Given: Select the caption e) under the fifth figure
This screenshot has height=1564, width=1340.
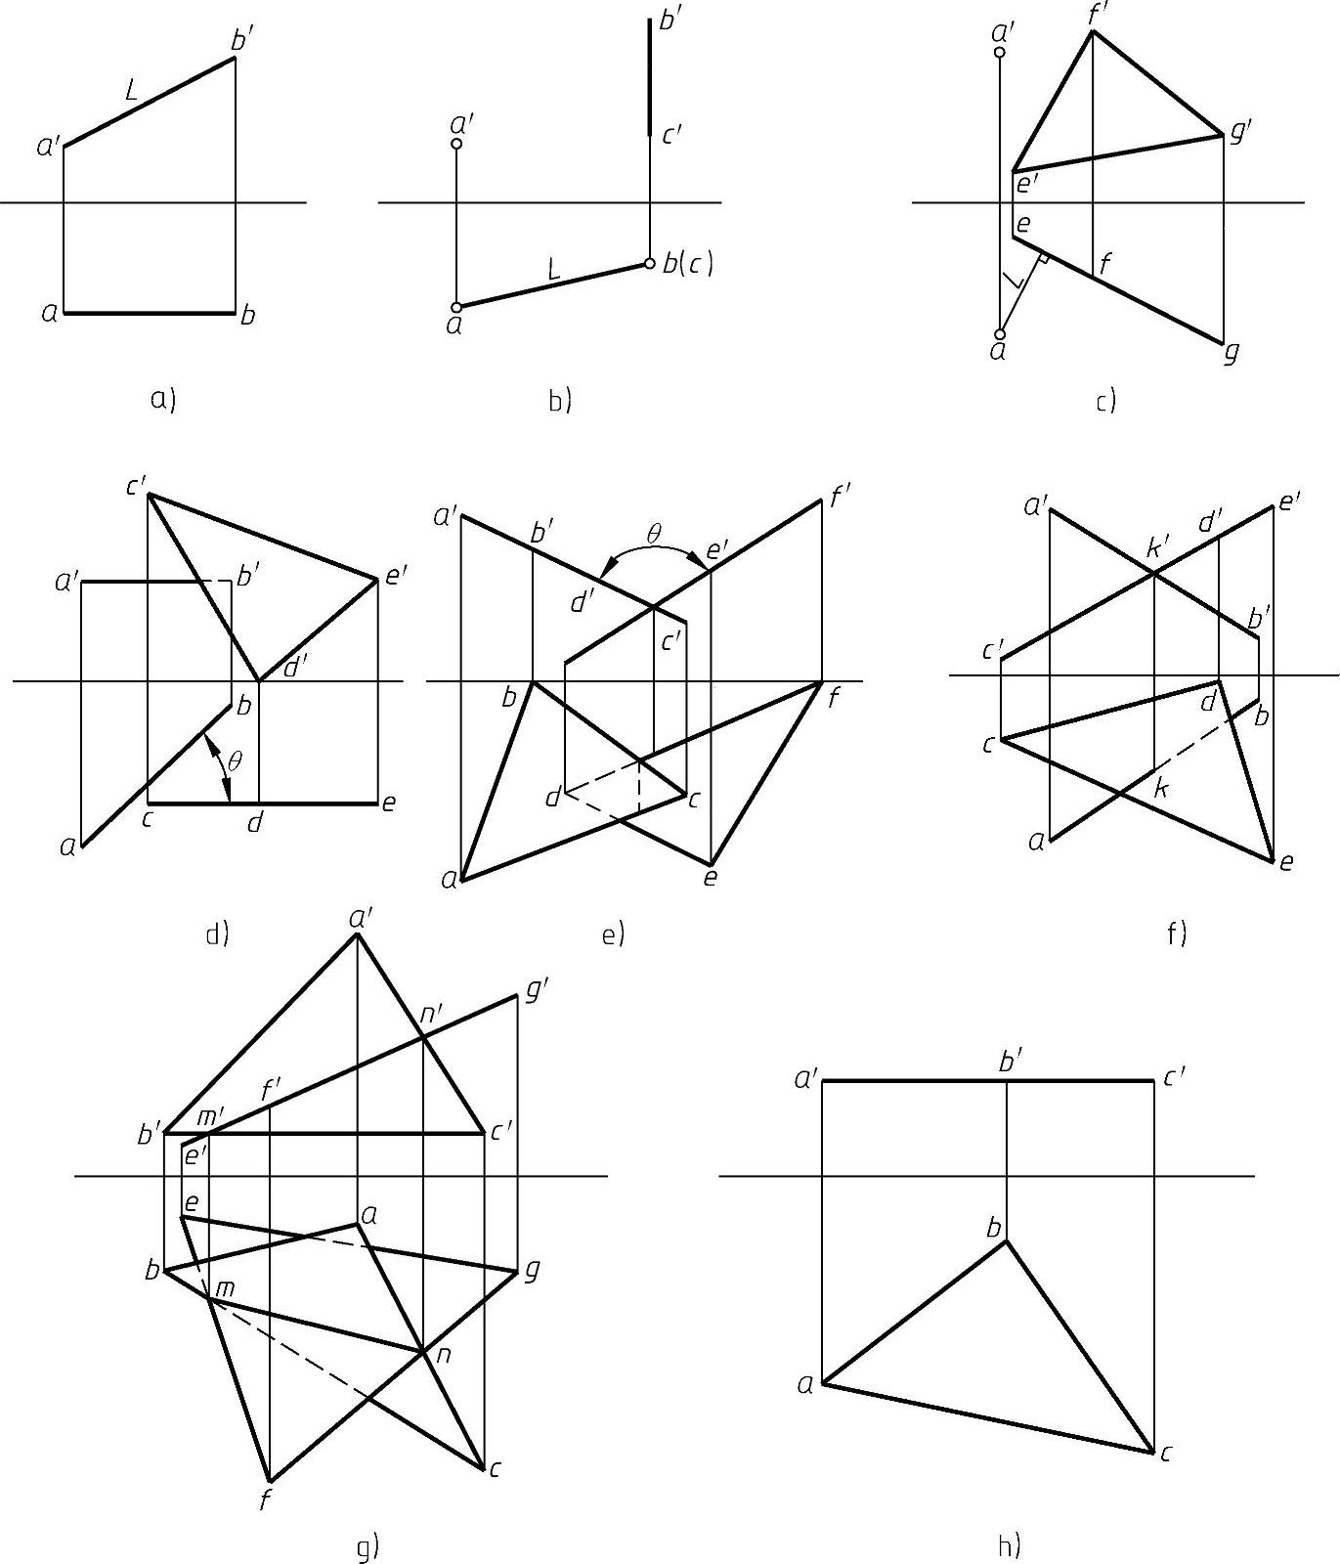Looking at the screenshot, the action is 612,934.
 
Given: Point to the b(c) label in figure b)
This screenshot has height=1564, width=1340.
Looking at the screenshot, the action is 688,263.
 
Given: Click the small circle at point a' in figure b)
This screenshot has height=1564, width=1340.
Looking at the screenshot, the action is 456,145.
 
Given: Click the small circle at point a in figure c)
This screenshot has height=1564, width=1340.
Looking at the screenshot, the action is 1000,334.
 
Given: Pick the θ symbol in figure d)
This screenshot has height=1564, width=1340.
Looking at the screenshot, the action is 234,760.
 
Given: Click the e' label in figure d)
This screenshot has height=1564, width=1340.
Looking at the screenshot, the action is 395,576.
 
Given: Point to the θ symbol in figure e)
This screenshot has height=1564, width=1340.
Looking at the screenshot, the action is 654,534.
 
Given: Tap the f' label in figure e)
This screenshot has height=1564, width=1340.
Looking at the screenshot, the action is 840,498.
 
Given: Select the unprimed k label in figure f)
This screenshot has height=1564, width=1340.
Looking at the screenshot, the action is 1160,788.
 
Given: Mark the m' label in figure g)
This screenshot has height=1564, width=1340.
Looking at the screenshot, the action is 212,1115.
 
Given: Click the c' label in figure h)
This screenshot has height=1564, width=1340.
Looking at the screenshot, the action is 1174,1076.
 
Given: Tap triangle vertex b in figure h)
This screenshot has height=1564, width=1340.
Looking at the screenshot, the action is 1007,1240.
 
